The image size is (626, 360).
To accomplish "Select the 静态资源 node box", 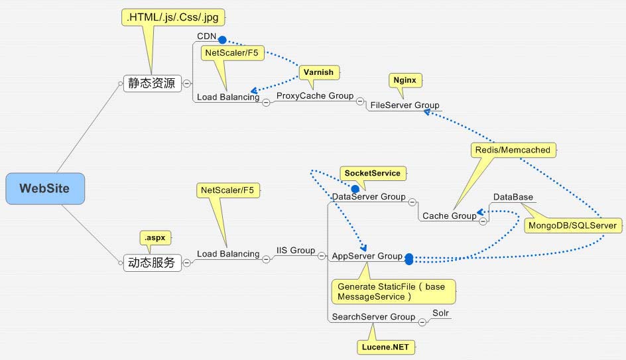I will pyautogui.click(x=152, y=84).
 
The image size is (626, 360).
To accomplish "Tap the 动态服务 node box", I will pyautogui.click(x=152, y=263).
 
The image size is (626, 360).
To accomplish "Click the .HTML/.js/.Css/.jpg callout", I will pyautogui.click(x=170, y=18).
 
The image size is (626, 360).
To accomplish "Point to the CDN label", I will pyautogui.click(x=206, y=36).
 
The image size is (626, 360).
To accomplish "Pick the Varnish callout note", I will pyautogui.click(x=318, y=72).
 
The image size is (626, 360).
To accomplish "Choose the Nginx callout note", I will pyautogui.click(x=405, y=80).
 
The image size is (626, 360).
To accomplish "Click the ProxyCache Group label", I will pyautogui.click(x=315, y=96).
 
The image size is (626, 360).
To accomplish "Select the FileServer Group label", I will pyautogui.click(x=405, y=105).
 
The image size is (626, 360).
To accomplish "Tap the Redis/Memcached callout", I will pyautogui.click(x=513, y=150).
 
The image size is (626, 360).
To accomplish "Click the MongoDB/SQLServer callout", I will pyautogui.click(x=572, y=226).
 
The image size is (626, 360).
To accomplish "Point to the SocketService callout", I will pyautogui.click(x=373, y=174).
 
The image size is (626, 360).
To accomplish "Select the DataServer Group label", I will pyautogui.click(x=368, y=197).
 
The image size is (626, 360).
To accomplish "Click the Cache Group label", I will pyautogui.click(x=450, y=216).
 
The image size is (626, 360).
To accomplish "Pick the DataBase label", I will pyautogui.click(x=513, y=198).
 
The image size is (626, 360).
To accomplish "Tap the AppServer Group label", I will pyautogui.click(x=367, y=257).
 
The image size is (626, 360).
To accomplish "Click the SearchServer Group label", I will pyautogui.click(x=373, y=317).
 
